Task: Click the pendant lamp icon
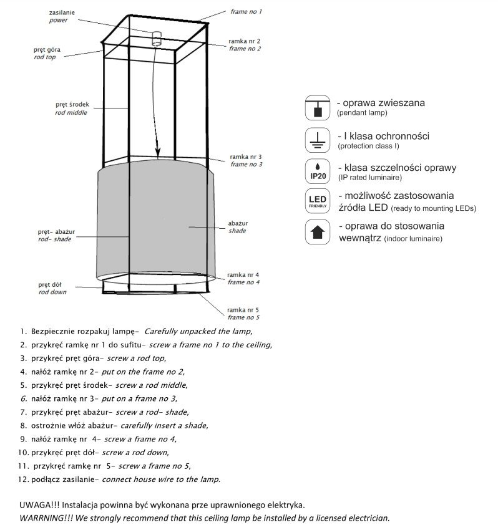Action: [x=316, y=107]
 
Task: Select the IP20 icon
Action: [x=316, y=171]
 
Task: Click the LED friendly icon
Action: [x=316, y=202]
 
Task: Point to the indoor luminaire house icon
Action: [x=316, y=233]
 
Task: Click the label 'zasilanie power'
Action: [x=62, y=16]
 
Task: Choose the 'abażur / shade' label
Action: [x=237, y=226]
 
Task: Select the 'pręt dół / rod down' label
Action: [x=52, y=287]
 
